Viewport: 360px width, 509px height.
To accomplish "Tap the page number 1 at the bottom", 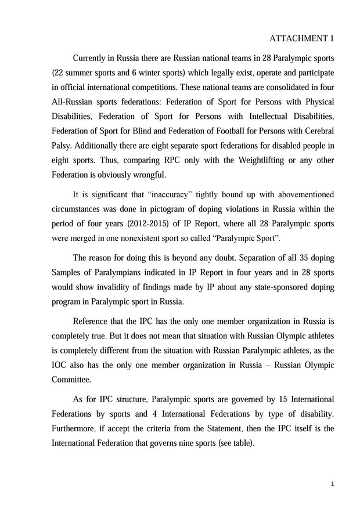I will (331, 483).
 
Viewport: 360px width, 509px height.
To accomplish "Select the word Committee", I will (71, 380).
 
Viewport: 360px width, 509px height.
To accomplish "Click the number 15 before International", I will (280, 399).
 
